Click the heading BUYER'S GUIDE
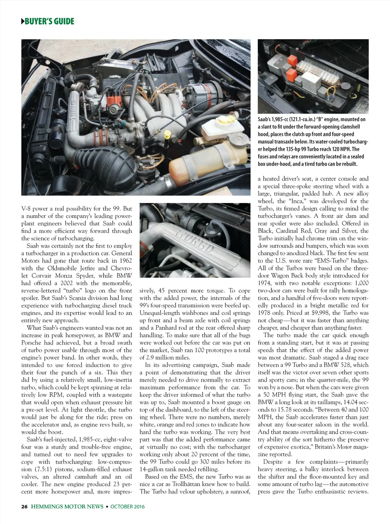pyautogui.click(x=49, y=21)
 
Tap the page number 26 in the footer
pyautogui.click(x=24, y=506)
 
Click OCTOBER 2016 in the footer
pyautogui.click(x=128, y=506)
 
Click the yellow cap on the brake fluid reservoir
pyautogui.click(x=225, y=121)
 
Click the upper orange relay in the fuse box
pyautogui.click(x=292, y=60)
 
